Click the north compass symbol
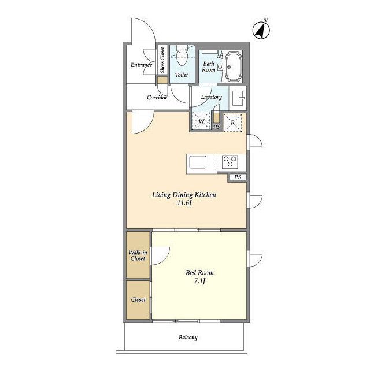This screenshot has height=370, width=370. click(x=261, y=30)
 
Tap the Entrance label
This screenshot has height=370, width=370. click(x=141, y=65)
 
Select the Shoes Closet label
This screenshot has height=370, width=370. click(x=162, y=60)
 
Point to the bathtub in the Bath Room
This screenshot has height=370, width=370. click(x=234, y=67)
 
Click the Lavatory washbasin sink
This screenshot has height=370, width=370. click(x=238, y=98)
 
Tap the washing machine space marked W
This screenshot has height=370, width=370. click(x=201, y=121)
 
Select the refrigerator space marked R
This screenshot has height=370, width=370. click(x=232, y=123)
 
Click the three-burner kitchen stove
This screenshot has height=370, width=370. click(x=230, y=162)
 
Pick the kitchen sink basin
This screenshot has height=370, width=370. click(x=198, y=162)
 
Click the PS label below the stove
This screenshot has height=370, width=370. click(x=238, y=177)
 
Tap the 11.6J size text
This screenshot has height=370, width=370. click(x=184, y=203)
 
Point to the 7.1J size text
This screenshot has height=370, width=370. click(x=199, y=281)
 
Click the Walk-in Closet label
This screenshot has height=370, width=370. click(x=138, y=256)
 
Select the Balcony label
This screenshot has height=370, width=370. click(x=188, y=338)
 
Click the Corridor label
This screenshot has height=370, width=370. click(x=157, y=97)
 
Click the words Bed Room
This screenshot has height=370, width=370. click(x=199, y=273)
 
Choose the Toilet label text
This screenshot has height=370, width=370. click(x=182, y=75)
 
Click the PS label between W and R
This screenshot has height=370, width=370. click(x=217, y=127)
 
